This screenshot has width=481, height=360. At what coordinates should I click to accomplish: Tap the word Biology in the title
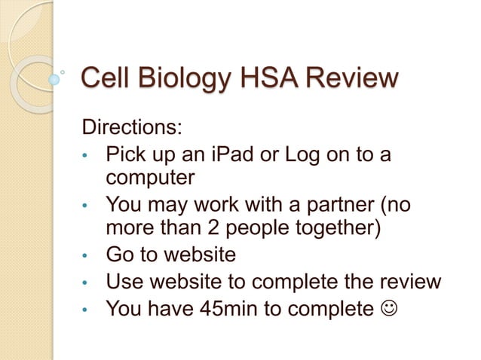click(182, 78)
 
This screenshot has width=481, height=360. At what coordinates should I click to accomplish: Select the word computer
click(150, 179)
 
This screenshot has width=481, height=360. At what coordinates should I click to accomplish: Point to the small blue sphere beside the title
click(54, 78)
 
